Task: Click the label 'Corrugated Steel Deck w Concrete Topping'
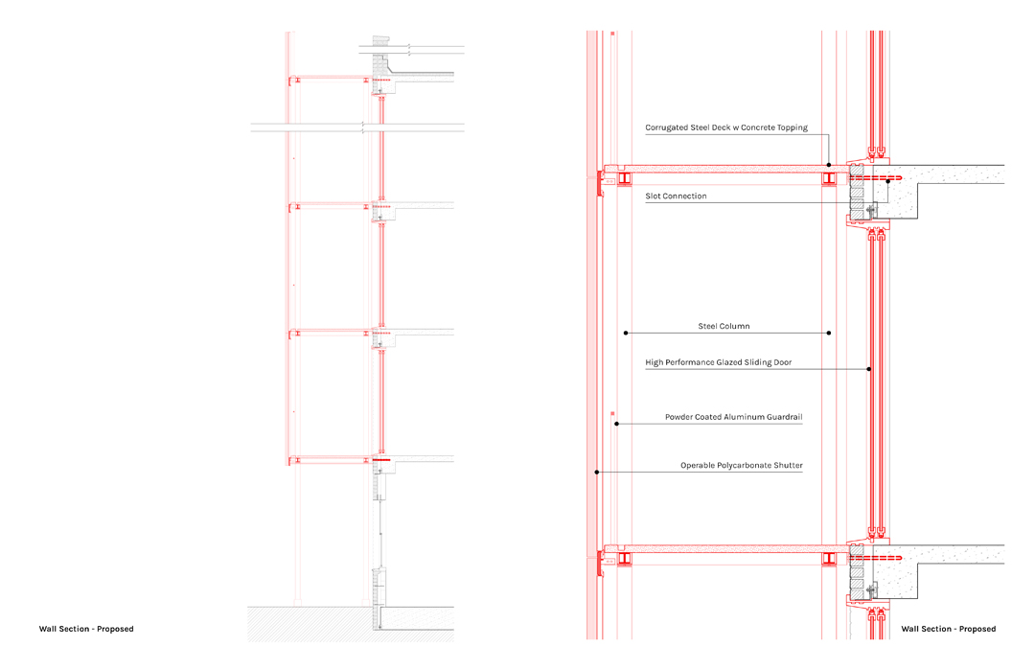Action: [x=726, y=127]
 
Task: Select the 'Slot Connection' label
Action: [x=676, y=196]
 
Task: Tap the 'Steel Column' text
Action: [x=724, y=327]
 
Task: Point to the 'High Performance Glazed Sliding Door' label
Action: [x=719, y=363]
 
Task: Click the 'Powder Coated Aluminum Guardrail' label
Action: [x=733, y=418]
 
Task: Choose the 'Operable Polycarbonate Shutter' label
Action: [x=741, y=466]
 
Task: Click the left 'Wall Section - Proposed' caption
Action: [x=86, y=629]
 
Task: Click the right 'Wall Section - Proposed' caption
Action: [x=948, y=629]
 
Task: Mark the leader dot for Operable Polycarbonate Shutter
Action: [x=597, y=472]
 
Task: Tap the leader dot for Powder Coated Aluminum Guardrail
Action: [x=617, y=423]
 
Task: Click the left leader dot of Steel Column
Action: [x=626, y=334]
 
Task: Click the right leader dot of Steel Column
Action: [x=829, y=334]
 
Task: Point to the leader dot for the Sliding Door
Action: [x=869, y=369]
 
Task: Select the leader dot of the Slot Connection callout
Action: [x=888, y=181]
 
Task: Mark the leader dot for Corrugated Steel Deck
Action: [x=829, y=165]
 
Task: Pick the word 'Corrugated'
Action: [x=668, y=127]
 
